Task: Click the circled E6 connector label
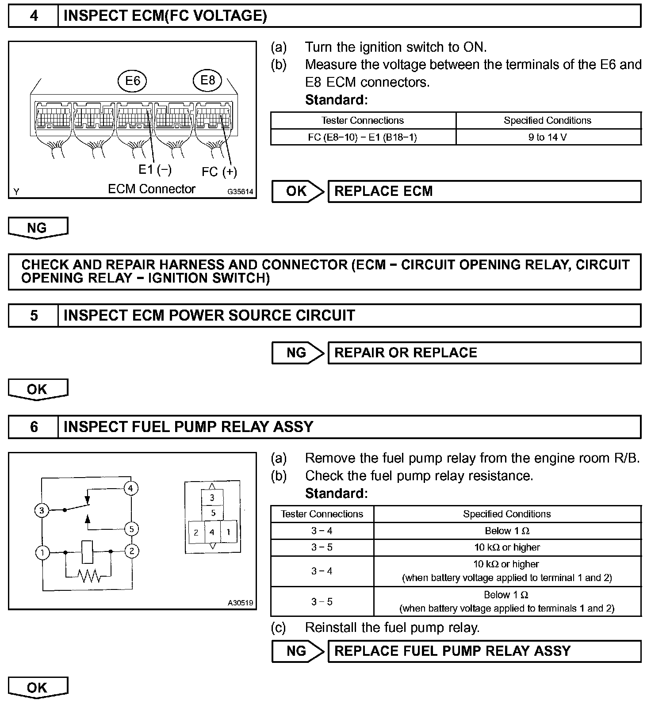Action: (133, 80)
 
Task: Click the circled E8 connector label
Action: (207, 80)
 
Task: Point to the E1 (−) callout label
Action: (155, 169)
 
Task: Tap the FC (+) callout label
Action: (219, 172)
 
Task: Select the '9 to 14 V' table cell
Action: (548, 137)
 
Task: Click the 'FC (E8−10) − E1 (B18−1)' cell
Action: (363, 137)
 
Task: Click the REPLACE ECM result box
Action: (484, 191)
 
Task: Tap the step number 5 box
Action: (34, 315)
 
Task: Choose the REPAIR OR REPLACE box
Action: (484, 353)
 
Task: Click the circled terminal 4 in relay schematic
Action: (130, 488)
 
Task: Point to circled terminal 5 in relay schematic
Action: (131, 529)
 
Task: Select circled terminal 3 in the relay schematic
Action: (42, 511)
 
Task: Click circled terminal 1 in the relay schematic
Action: (42, 552)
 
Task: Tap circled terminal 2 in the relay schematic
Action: (131, 551)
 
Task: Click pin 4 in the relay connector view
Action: (212, 532)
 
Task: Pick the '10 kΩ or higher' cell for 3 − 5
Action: (507, 547)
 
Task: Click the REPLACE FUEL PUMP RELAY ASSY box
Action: (484, 651)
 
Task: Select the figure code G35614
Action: (240, 192)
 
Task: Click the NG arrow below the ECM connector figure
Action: (38, 228)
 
